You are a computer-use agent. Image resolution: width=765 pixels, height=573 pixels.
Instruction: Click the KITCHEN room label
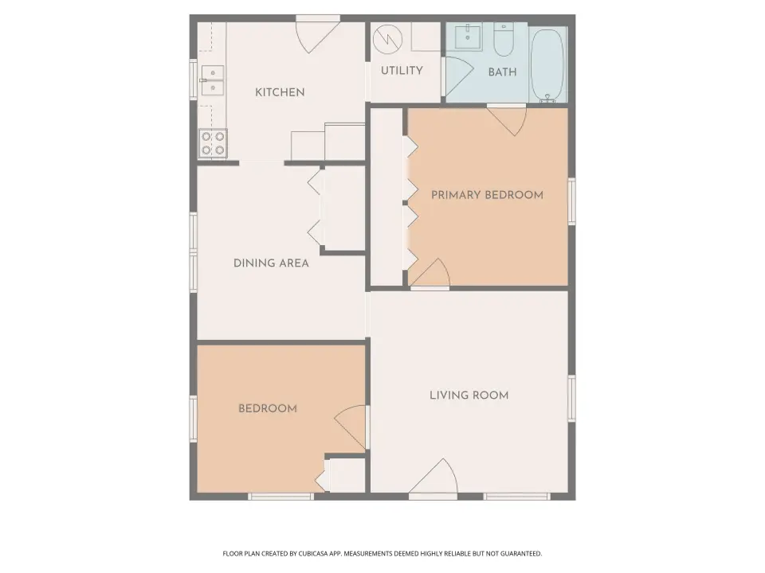280,92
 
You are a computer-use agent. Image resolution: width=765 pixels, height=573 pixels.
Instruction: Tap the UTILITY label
402,71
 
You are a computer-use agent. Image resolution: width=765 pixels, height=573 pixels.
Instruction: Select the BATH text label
502,72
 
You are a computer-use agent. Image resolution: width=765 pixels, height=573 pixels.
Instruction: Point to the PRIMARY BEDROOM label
487,195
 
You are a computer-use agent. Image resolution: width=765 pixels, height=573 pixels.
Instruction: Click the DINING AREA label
271,263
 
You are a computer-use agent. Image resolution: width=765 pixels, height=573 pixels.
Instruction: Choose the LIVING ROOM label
469,396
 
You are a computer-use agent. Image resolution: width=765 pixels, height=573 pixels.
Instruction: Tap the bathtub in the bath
547,65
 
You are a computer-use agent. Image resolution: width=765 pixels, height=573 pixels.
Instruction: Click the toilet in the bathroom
503,40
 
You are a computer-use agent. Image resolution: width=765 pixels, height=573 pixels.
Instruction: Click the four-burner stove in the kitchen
213,143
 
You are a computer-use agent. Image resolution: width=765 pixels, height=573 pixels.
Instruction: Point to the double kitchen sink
213,80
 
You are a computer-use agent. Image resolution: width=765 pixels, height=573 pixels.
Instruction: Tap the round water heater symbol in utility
388,39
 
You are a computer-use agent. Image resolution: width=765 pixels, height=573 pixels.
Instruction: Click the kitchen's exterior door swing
316,37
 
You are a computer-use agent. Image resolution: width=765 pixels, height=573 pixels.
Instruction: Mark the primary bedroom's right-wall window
571,201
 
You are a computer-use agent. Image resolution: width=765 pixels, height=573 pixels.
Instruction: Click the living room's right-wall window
571,398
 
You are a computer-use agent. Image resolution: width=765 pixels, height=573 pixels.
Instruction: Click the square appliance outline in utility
426,37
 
